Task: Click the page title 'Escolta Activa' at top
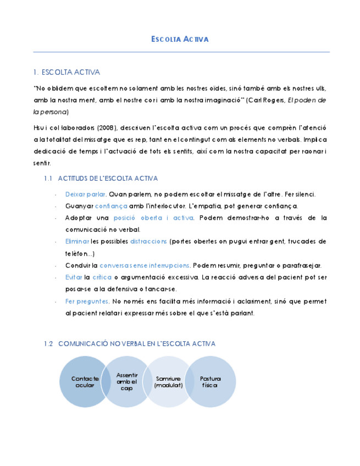pos(180,40)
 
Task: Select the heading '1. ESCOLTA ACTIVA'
pos(67,72)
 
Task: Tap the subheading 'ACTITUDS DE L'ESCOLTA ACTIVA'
pos(108,179)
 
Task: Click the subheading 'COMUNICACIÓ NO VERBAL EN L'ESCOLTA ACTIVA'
pos(136,343)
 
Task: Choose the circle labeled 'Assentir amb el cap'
pos(127,381)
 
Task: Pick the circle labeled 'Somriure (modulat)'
pos(168,382)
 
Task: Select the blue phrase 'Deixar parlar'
pos(85,194)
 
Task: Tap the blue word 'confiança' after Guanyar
pos(111,206)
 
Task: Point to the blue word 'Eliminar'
pos(77,241)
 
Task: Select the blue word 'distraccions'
pos(148,241)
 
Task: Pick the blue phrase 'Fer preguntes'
pos(87,301)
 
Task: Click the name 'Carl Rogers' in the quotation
pos(267,100)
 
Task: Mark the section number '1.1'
pos(47,179)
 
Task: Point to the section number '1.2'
pos(48,343)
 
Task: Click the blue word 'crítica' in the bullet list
pos(102,277)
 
